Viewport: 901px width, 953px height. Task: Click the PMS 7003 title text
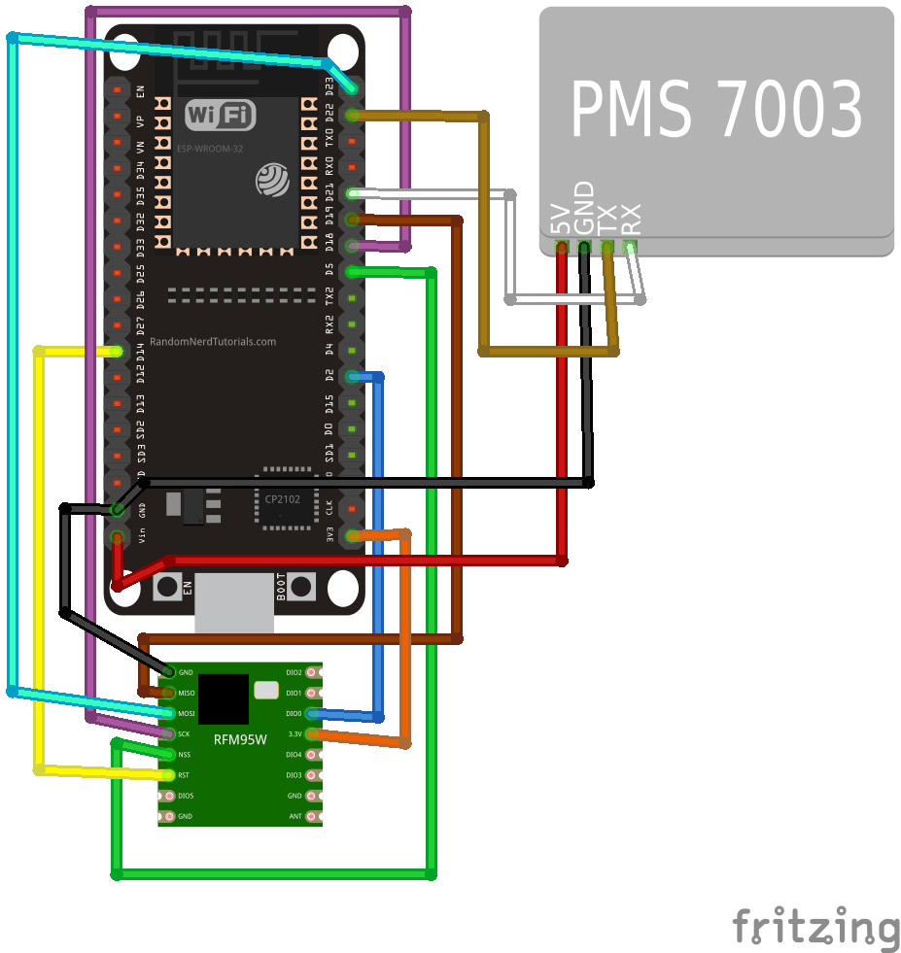(716, 110)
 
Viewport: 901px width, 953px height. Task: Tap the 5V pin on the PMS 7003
(561, 247)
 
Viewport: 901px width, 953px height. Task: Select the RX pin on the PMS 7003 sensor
(631, 247)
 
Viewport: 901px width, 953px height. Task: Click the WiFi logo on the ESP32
(220, 116)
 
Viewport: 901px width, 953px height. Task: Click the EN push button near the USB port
(167, 587)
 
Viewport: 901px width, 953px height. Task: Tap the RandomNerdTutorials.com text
(213, 342)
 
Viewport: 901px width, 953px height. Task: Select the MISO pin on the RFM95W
(169, 693)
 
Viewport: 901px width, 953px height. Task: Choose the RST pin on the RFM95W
(169, 775)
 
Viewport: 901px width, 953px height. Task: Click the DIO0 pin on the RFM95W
(311, 713)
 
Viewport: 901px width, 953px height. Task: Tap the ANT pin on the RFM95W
(311, 816)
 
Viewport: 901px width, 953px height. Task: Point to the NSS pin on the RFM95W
(169, 755)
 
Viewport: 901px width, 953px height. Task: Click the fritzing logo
(815, 927)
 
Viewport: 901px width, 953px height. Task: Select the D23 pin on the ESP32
(352, 88)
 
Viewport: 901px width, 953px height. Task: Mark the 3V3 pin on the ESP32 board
(352, 535)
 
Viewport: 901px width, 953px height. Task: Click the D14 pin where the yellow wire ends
(118, 351)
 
